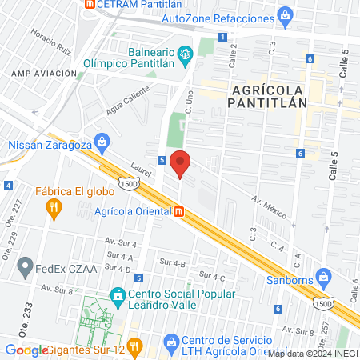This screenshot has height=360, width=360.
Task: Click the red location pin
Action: click(181, 164)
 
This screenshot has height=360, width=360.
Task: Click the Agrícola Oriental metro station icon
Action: click(180, 211)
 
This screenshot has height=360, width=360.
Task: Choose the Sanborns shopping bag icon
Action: click(324, 278)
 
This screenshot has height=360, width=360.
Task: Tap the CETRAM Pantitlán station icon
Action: click(90, 3)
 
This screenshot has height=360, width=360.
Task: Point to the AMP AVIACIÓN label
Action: click(44, 73)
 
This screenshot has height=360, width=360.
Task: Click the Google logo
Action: click(26, 350)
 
